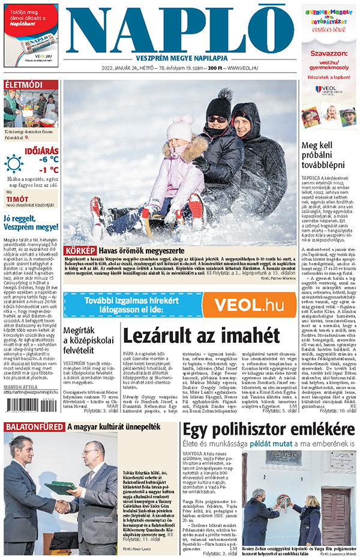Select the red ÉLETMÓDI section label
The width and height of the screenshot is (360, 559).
pyautogui.click(x=24, y=85)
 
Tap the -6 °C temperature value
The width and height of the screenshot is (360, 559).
pyautogui.click(x=49, y=160)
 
